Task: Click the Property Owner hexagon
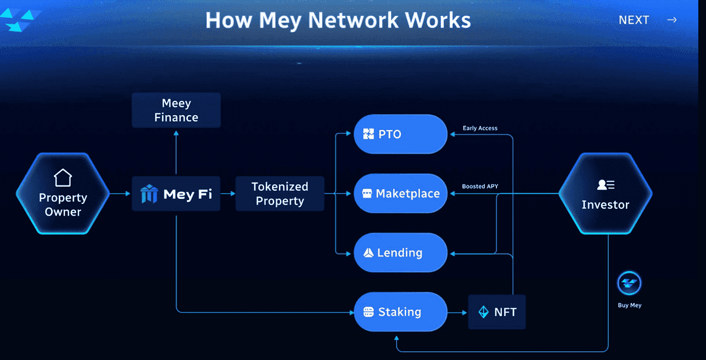tap(63, 194)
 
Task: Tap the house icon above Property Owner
tap(63, 178)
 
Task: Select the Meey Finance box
tap(176, 110)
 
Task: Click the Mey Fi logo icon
tap(149, 194)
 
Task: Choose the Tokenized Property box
tap(280, 194)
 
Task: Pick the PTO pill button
tap(400, 134)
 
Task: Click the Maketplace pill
tap(400, 194)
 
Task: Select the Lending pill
tap(400, 252)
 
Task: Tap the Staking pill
tap(400, 312)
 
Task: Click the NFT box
tap(497, 312)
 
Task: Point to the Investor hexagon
tap(605, 194)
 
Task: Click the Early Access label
tap(480, 128)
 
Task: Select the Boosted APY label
tap(480, 186)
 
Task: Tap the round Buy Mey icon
tap(629, 283)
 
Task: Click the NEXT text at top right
tap(634, 20)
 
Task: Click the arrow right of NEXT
tap(672, 20)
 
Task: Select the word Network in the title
tap(353, 20)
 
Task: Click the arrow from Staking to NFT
tap(457, 312)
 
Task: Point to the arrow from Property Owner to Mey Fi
tap(118, 194)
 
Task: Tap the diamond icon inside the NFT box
tap(483, 312)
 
